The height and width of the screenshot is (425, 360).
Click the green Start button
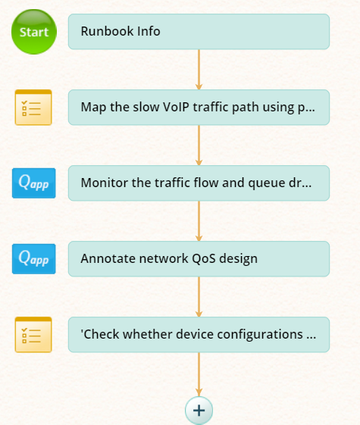click(x=34, y=32)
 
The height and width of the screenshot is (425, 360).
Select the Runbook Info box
click(x=199, y=32)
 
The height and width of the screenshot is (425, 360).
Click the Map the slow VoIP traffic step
click(x=199, y=108)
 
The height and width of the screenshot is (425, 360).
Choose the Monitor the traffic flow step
click(x=199, y=183)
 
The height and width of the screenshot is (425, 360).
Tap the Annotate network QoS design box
click(x=199, y=259)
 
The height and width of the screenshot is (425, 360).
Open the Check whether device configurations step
click(x=199, y=335)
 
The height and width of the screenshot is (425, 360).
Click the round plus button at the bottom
click(x=199, y=411)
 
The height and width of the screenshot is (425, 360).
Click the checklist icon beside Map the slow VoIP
click(x=33, y=108)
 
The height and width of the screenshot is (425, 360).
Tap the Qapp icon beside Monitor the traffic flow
click(x=34, y=183)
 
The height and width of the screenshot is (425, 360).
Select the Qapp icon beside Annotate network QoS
click(x=34, y=259)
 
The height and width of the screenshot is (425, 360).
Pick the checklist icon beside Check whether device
click(x=33, y=335)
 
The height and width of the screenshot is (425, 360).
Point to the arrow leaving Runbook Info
click(x=199, y=70)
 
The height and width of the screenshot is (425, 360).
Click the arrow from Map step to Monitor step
click(x=199, y=145)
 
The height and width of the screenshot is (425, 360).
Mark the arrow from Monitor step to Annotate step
click(x=199, y=221)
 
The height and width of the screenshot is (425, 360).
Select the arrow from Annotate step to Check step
click(x=199, y=297)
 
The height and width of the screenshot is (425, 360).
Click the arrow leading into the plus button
click(x=199, y=374)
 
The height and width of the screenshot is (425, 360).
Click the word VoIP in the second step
click(x=176, y=107)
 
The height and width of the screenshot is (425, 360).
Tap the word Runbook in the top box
click(x=107, y=31)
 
